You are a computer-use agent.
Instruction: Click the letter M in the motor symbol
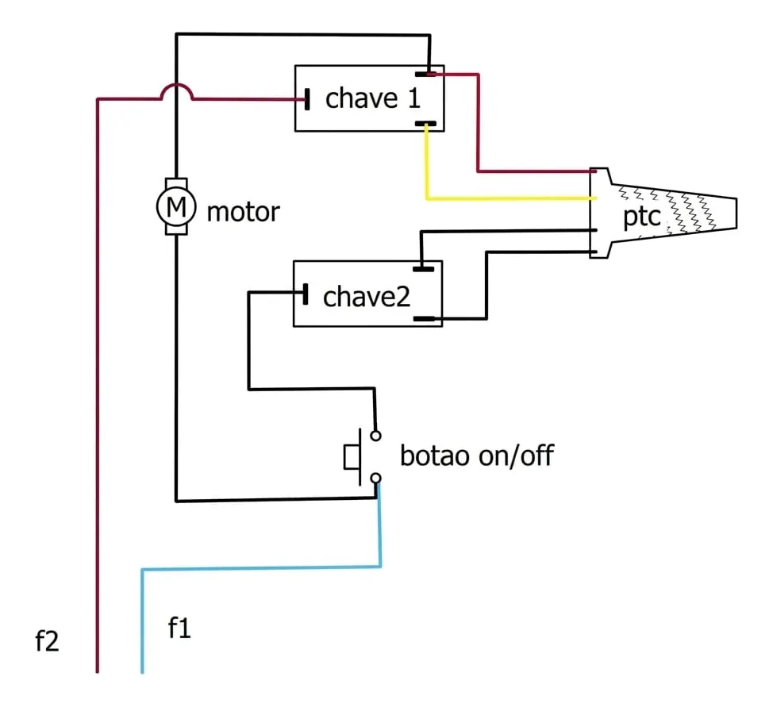176,206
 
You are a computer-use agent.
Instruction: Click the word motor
243,212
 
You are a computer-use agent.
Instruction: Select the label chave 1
373,98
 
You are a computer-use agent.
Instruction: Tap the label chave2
367,296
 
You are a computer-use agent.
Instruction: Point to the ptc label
641,217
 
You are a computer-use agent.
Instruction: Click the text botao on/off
477,455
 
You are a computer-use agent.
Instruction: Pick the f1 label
179,628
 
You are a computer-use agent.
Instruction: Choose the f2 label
47,641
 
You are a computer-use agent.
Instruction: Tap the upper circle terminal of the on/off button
375,436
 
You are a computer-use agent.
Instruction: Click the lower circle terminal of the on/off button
375,478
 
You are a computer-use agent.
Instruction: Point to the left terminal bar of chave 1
307,99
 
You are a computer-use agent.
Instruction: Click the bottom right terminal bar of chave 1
425,124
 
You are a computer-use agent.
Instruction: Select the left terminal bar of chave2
306,294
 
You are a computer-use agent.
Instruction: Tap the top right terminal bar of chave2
424,269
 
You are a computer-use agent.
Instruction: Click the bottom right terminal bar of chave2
424,319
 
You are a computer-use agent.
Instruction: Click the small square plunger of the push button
352,457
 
